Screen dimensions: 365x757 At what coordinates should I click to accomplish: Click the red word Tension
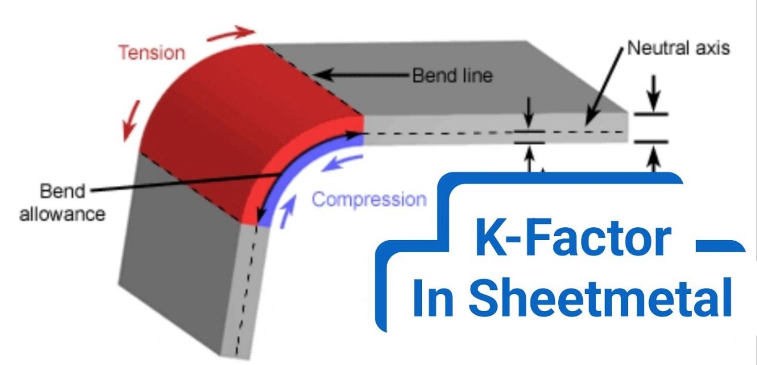point(151,53)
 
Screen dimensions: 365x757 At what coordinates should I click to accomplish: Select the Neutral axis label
point(678,48)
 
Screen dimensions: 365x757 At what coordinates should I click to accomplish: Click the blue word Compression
point(369,200)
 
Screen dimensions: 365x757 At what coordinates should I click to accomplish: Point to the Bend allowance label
point(62,202)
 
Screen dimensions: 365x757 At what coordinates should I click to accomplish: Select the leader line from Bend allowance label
point(176,182)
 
